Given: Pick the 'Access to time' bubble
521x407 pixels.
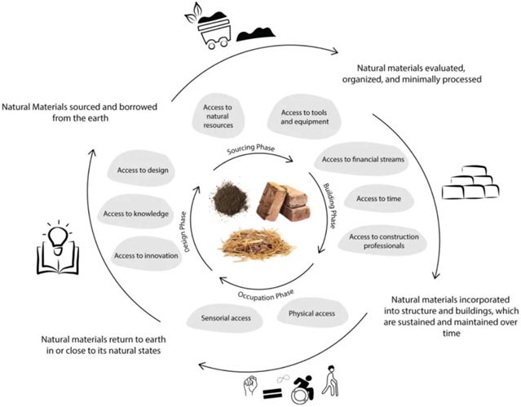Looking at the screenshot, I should click(377, 198).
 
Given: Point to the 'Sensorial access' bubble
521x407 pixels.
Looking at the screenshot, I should click(219, 313).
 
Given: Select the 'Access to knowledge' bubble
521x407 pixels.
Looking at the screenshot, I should click(136, 214).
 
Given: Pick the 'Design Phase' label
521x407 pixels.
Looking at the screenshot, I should click(187, 231).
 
